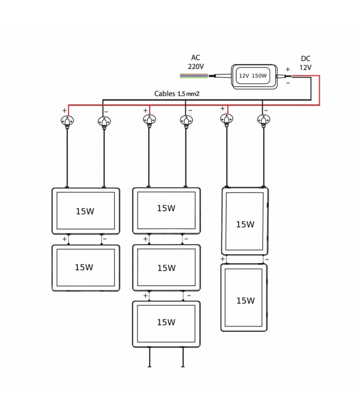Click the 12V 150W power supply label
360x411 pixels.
pyautogui.click(x=253, y=76)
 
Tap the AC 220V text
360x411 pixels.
pyautogui.click(x=196, y=62)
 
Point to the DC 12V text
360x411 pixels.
pyautogui.click(x=305, y=63)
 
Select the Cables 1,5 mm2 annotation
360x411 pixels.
pyautogui.click(x=176, y=94)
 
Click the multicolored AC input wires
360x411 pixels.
pyautogui.click(x=194, y=76)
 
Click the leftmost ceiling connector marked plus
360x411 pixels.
pyautogui.click(x=67, y=121)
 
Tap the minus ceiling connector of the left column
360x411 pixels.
pyautogui.click(x=104, y=122)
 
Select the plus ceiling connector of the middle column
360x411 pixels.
pyautogui.click(x=149, y=120)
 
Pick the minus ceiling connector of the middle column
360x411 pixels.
pyautogui.click(x=186, y=121)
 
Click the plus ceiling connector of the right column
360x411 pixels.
pyautogui.click(x=227, y=120)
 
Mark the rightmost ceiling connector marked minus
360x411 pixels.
pyautogui.click(x=264, y=120)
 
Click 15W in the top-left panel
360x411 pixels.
pyautogui.click(x=85, y=211)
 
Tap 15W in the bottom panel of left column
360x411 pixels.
pyautogui.click(x=84, y=267)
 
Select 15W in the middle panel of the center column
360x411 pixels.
pyautogui.click(x=166, y=268)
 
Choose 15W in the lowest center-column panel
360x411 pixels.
pyautogui.click(x=166, y=322)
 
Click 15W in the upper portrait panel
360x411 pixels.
pyautogui.click(x=245, y=225)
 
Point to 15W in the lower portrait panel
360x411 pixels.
pyautogui.click(x=245, y=301)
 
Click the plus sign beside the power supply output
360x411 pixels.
pyautogui.click(x=288, y=69)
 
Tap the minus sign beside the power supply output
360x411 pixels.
pyautogui.click(x=288, y=83)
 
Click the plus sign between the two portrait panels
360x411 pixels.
pyautogui.click(x=223, y=259)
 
